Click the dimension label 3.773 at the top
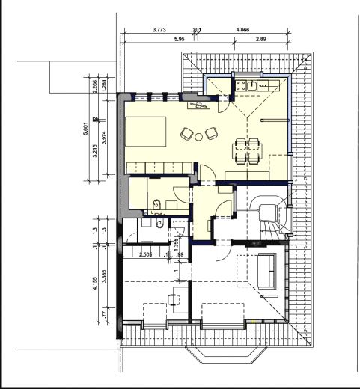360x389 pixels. click(x=159, y=30)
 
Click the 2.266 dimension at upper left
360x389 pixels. click(x=96, y=85)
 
